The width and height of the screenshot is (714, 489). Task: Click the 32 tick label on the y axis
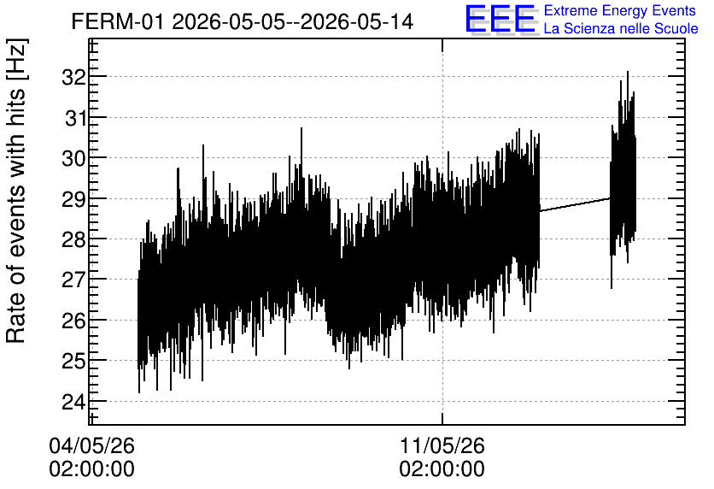[74, 77]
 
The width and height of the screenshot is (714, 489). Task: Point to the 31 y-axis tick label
[75, 118]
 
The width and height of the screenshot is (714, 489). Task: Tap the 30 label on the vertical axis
[74, 159]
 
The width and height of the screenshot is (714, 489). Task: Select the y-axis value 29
[74, 199]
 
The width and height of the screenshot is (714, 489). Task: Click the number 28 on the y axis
[74, 239]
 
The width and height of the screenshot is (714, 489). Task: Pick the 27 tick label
[74, 280]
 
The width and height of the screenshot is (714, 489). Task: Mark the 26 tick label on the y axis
[74, 321]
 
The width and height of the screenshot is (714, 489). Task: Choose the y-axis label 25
[74, 361]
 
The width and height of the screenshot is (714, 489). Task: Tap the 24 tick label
[74, 402]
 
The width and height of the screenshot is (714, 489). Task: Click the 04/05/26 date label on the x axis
[92, 445]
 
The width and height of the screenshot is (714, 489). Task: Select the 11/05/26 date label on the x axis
[442, 445]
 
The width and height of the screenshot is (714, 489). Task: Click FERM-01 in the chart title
[118, 21]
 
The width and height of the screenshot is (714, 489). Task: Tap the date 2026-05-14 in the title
[357, 21]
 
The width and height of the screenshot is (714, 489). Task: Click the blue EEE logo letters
[500, 19]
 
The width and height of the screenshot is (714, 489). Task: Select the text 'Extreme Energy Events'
[620, 10]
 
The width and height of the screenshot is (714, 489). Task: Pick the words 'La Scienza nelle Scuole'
[621, 28]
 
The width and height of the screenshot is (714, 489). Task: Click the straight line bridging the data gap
[575, 204]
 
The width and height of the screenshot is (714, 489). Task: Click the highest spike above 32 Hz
[628, 73]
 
